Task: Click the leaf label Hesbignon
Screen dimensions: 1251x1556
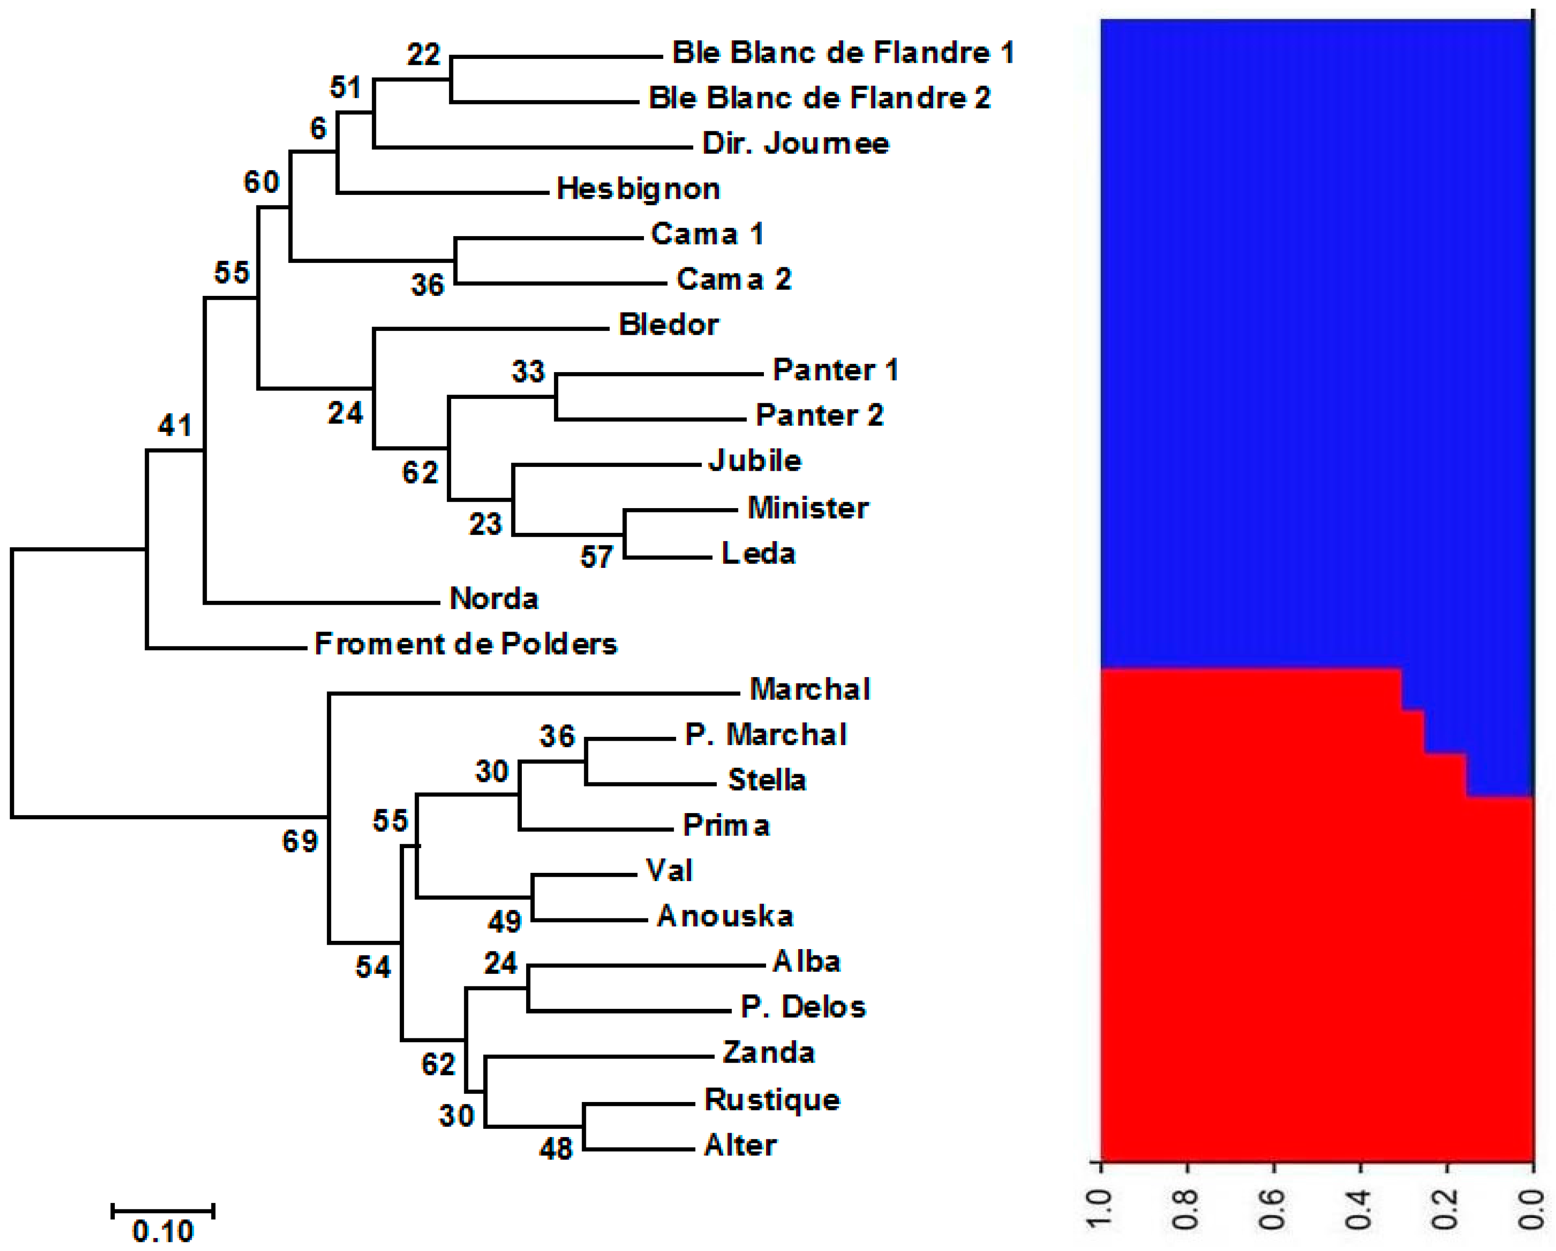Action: (638, 189)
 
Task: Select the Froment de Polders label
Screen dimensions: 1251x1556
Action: (466, 644)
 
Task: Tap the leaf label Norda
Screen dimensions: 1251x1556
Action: (494, 599)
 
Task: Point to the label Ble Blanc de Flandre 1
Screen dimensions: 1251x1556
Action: (843, 53)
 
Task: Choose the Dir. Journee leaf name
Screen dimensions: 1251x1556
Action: (795, 144)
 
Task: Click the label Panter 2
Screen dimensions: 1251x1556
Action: (819, 415)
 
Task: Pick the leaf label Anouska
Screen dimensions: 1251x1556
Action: (725, 916)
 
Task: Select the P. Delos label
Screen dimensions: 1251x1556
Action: (802, 1007)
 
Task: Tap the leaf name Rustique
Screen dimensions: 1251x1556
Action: (772, 1099)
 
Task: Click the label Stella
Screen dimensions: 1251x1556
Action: (767, 780)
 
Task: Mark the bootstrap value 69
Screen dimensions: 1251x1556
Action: (300, 841)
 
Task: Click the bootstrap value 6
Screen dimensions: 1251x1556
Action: (318, 129)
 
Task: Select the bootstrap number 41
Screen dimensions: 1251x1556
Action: (175, 425)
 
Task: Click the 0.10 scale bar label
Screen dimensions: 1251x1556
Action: (163, 1231)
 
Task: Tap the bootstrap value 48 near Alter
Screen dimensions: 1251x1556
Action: (556, 1148)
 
